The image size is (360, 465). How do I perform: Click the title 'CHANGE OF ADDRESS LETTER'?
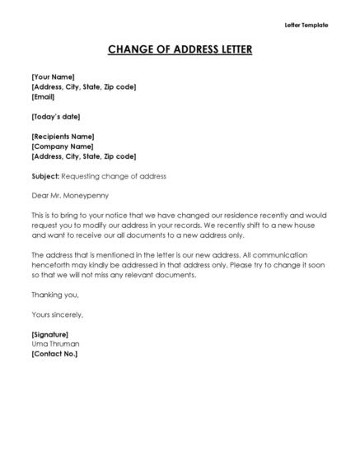pyautogui.click(x=180, y=50)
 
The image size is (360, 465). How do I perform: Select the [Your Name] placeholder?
pyautogui.click(x=53, y=77)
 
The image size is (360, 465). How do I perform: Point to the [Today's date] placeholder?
pyautogui.click(x=55, y=116)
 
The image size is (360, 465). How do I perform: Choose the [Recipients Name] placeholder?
pyautogui.click(x=63, y=136)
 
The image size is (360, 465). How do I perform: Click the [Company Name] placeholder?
pyautogui.click(x=60, y=146)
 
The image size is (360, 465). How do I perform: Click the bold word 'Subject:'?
pyautogui.click(x=45, y=176)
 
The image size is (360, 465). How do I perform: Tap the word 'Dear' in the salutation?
pyautogui.click(x=40, y=196)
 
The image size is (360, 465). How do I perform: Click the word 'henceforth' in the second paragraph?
pyautogui.click(x=54, y=265)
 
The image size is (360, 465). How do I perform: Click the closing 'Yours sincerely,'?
pyautogui.click(x=57, y=314)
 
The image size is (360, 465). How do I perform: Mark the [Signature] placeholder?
pyautogui.click(x=50, y=334)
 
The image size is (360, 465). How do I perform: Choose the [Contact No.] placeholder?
pyautogui.click(x=54, y=354)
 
